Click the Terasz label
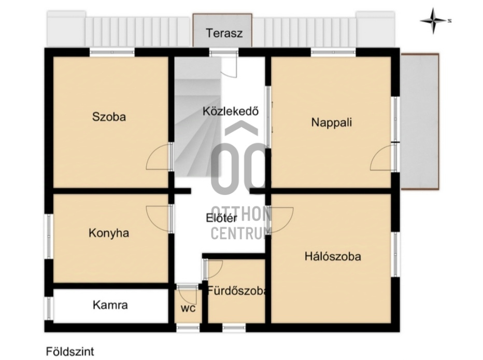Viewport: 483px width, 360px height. tap(224, 33)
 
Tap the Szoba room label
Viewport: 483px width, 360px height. tap(109, 117)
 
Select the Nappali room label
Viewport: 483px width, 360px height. tap(332, 122)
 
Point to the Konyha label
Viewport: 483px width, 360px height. tap(109, 233)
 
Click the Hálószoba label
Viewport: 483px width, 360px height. tap(333, 256)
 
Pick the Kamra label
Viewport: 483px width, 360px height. tap(110, 305)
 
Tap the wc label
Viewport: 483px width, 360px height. tap(188, 308)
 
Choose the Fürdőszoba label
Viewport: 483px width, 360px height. tap(236, 290)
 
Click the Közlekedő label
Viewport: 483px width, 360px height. tap(231, 111)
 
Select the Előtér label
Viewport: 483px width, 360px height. tap(221, 218)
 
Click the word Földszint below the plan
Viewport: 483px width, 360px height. tap(70, 352)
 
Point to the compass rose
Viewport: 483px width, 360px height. tap(434, 21)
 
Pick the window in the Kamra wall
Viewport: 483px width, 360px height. tap(49, 308)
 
